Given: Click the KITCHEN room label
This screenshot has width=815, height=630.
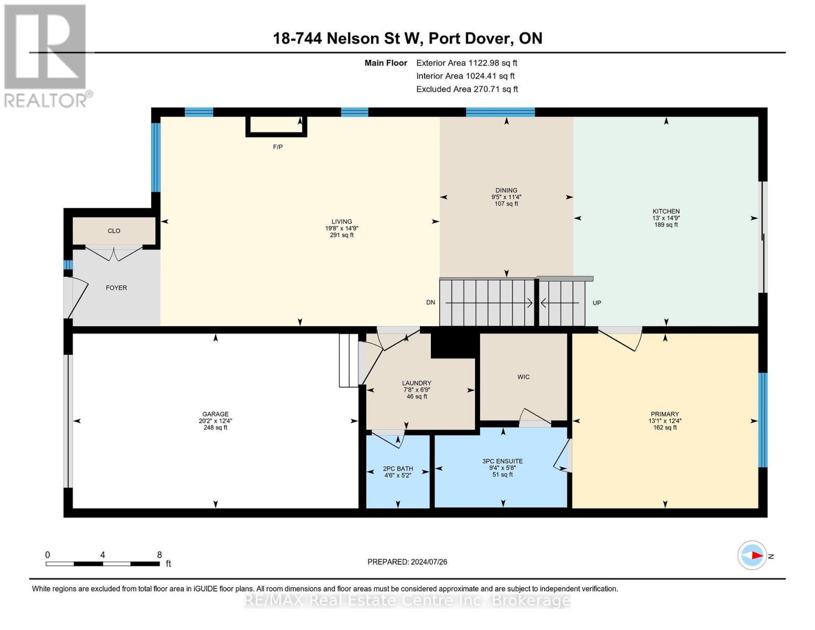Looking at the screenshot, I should (x=665, y=212).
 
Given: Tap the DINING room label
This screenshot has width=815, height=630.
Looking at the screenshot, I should (x=506, y=191).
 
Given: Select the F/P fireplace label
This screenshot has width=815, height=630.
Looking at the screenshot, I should (x=278, y=147).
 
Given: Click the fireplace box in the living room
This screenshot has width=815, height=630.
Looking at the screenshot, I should (x=276, y=126).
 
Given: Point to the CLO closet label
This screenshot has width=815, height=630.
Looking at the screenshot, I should (x=114, y=231).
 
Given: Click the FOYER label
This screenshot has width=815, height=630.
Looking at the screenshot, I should (x=117, y=288).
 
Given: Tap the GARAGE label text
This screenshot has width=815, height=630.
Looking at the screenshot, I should (x=215, y=414).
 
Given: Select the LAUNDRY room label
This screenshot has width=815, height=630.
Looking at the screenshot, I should (x=417, y=383).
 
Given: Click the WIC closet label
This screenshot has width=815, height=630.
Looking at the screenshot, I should (x=523, y=377).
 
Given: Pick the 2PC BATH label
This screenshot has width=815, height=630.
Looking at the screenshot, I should (x=398, y=469).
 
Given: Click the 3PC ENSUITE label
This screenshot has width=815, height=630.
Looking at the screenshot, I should (x=502, y=461).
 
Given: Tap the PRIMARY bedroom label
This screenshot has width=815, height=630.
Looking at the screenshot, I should (x=665, y=414).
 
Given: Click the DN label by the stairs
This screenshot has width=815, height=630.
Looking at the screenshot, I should (x=430, y=302).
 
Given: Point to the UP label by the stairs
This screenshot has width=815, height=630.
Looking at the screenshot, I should (x=597, y=303).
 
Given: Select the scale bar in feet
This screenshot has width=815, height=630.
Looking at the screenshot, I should (x=103, y=564).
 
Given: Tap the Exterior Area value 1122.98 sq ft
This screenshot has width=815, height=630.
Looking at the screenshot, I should (x=492, y=63).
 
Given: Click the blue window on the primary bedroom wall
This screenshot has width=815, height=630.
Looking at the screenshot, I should (x=763, y=419).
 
